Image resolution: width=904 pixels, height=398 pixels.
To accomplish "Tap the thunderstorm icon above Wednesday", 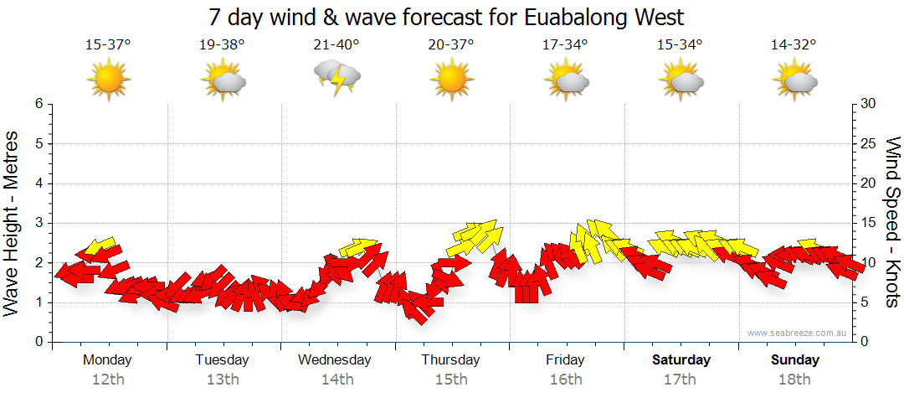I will [337, 77].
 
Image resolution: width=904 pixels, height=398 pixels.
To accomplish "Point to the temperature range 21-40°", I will [336, 44].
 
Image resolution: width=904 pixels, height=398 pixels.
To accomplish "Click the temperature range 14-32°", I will [794, 44].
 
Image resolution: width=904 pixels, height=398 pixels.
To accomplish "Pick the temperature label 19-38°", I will [223, 44].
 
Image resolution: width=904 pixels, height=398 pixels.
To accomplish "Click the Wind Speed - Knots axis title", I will [892, 222].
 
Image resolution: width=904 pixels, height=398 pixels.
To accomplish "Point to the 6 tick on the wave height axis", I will [38, 104].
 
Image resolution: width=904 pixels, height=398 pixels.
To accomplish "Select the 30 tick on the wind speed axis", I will [869, 104].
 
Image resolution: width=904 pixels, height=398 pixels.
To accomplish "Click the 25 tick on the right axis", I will [869, 144].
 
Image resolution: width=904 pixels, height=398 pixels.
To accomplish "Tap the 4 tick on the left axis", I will [38, 183].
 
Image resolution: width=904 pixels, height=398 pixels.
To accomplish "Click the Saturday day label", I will [681, 360].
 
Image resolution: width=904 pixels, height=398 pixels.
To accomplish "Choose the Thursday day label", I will [451, 360].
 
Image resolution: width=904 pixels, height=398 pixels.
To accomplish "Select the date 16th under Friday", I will [566, 380].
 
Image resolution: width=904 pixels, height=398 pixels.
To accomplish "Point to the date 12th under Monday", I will [109, 380].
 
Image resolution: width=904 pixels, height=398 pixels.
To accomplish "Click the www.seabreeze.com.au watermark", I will [798, 333].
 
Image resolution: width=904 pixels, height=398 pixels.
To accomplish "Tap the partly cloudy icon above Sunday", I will [794, 80].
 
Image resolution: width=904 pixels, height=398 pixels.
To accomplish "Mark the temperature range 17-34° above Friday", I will [565, 44].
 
